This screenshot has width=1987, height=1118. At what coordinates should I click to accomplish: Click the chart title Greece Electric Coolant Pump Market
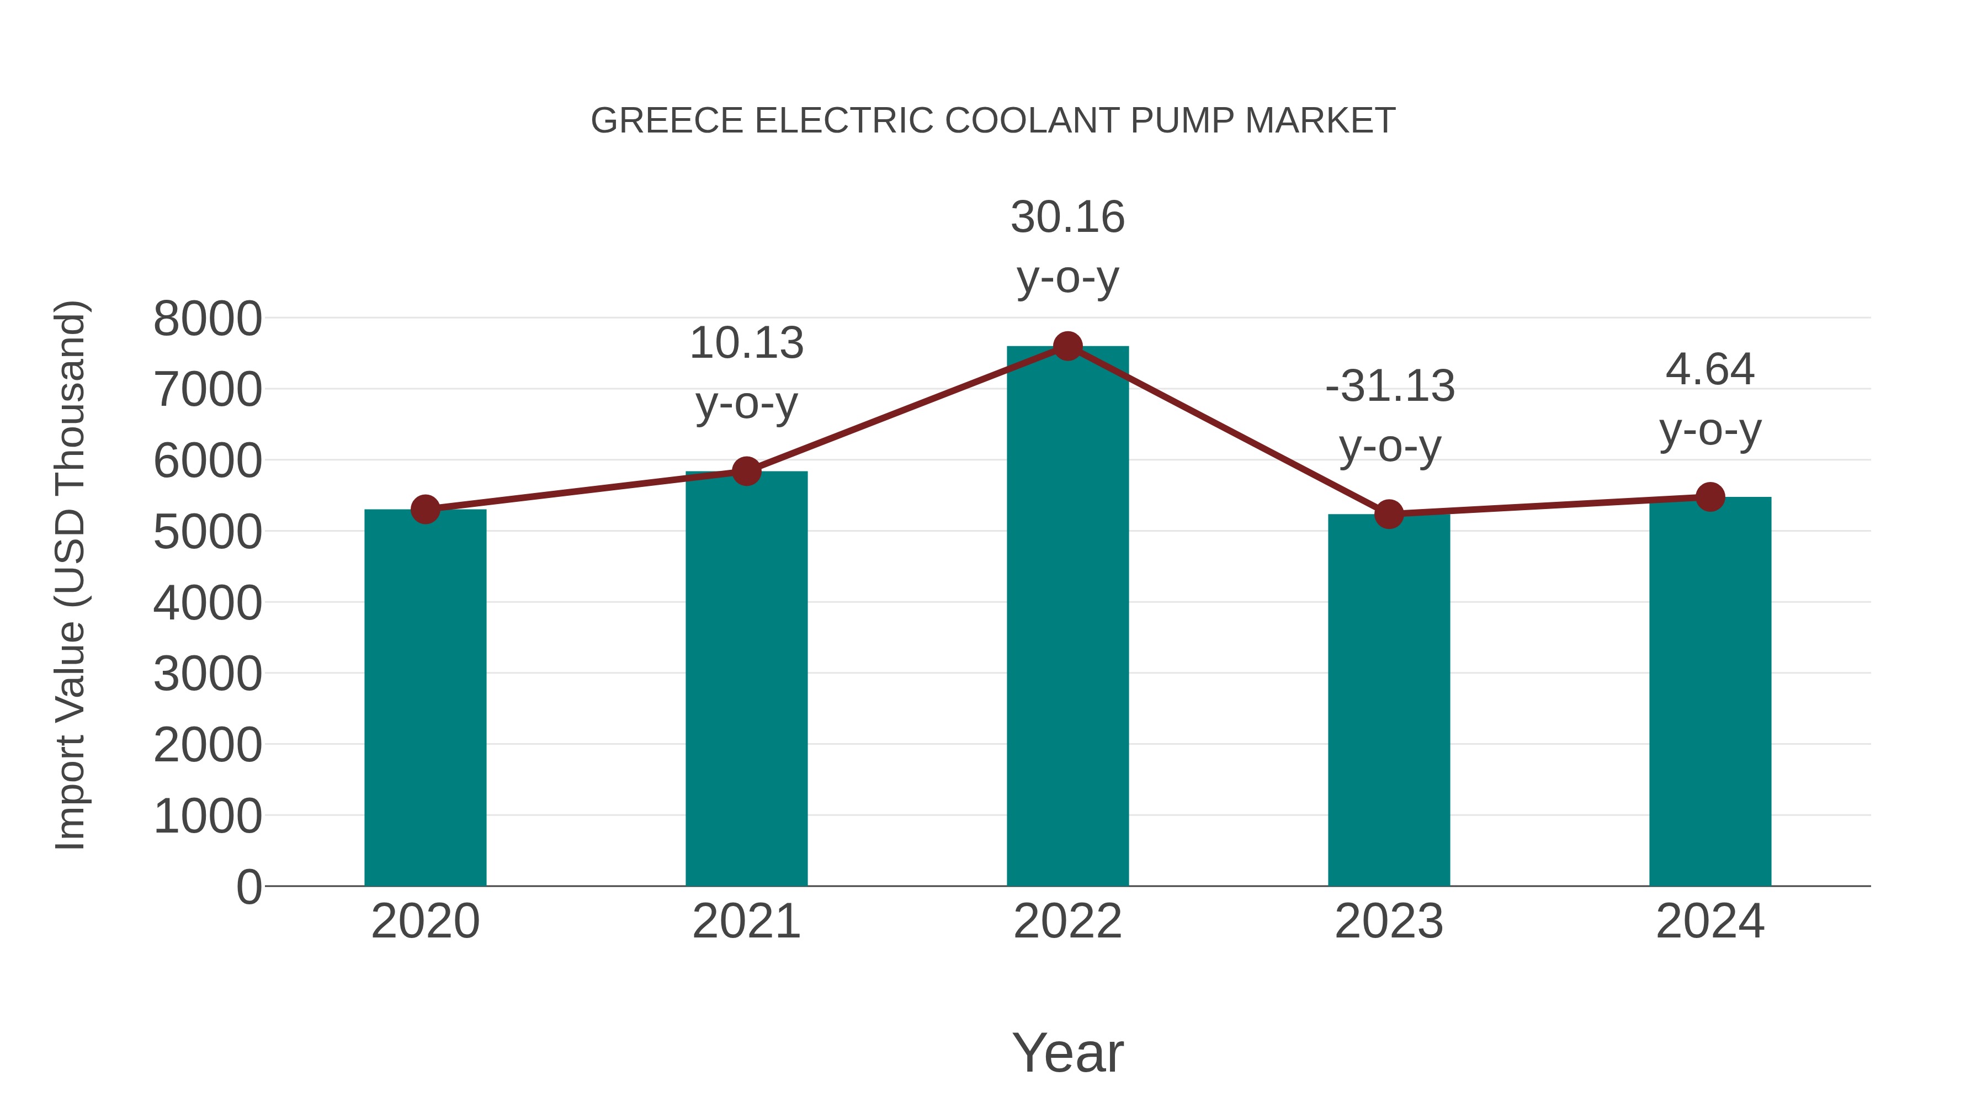tap(993, 121)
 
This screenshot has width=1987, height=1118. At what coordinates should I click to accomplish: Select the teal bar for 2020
tap(425, 698)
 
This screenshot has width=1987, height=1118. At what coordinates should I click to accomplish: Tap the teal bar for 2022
tap(1067, 617)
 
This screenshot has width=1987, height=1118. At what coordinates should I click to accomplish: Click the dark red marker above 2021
tap(746, 470)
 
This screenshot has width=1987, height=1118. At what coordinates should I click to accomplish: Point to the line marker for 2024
tap(1710, 497)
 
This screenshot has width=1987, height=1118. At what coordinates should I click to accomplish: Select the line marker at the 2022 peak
tap(1067, 346)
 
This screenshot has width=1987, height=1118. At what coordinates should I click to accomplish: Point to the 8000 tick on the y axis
tap(208, 319)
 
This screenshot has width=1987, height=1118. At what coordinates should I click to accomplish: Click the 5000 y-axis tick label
tap(208, 532)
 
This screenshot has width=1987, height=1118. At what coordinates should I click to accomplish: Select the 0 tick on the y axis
tap(248, 887)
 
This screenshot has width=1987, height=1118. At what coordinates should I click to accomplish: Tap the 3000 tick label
tap(208, 674)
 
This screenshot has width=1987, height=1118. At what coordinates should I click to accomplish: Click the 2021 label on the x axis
tap(746, 921)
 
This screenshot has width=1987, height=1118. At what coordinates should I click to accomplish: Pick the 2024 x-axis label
tap(1710, 921)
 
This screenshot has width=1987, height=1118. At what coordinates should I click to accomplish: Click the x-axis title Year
tap(1067, 1052)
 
